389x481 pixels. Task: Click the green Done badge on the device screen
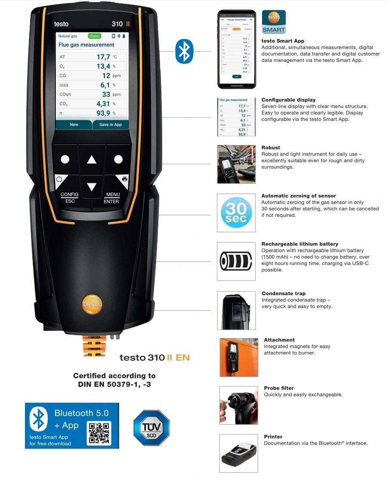[x=95, y=36]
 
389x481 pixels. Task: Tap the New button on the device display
[x=74, y=124]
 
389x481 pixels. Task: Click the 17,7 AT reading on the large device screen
[x=103, y=57]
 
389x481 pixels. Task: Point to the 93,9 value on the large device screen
[x=103, y=113]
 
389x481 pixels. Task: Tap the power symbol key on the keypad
[x=59, y=179]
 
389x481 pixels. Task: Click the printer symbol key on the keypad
[x=124, y=179]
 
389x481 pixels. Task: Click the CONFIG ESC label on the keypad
[x=70, y=198]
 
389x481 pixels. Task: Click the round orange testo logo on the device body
[x=92, y=305]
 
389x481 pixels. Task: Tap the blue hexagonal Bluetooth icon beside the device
[x=185, y=51]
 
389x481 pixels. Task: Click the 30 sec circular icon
[x=236, y=213]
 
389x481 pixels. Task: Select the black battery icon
[x=236, y=261]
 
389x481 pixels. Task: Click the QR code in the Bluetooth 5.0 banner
[x=99, y=433]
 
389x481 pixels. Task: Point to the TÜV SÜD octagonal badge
[x=151, y=428]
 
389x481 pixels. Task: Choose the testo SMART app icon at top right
[x=274, y=22]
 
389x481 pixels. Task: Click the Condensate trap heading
[x=284, y=293]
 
